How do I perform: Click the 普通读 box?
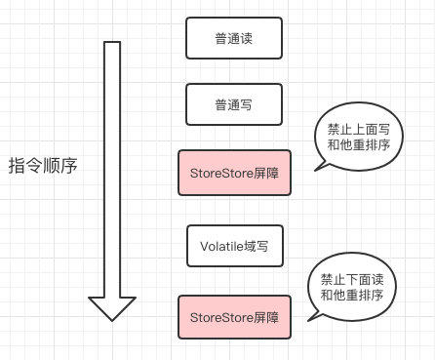pyautogui.click(x=234, y=40)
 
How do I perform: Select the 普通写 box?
pyautogui.click(x=234, y=103)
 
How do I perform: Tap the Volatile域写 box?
pyautogui.click(x=234, y=246)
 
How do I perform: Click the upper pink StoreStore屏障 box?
pyautogui.click(x=234, y=172)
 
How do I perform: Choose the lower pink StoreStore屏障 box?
pyautogui.click(x=234, y=316)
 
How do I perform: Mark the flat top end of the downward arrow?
pyautogui.click(x=112, y=44)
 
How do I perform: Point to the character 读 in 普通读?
pyautogui.click(x=250, y=40)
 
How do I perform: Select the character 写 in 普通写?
pyautogui.click(x=250, y=103)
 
